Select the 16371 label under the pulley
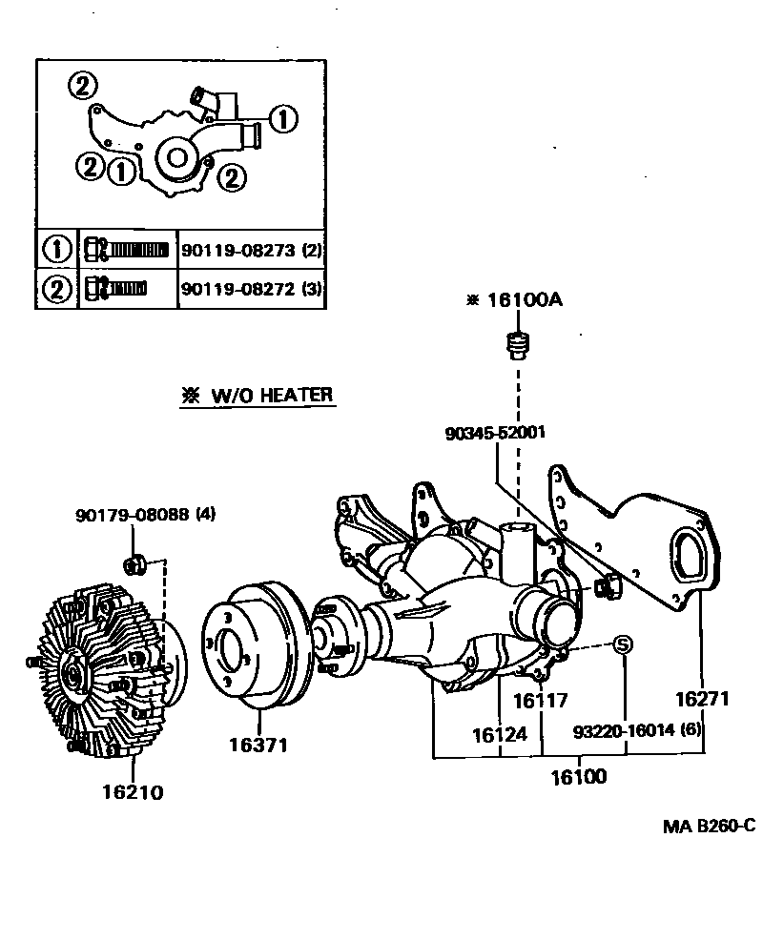pos(258,745)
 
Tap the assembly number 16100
pos(577,776)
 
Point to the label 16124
pos(498,735)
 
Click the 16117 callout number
pos(540,701)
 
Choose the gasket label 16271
pos(702,699)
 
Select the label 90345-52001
pos(495,432)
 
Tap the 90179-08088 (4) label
pos(145,515)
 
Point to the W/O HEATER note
pos(258,395)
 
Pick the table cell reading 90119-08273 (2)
pos(253,251)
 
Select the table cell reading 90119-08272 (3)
pos(253,288)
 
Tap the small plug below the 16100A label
pos(517,343)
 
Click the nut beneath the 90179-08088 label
pos(134,564)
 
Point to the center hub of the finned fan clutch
pos(73,674)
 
